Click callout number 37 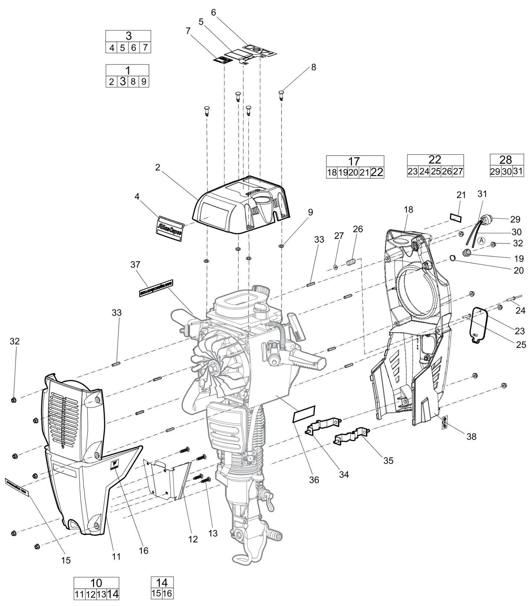pos(136,264)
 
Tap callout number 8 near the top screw pos(313,67)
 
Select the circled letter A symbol pos(482,241)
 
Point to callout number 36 pos(314,479)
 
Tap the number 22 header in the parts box pos(435,160)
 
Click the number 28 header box pos(506,159)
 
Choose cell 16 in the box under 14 pos(167,593)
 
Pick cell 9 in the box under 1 pos(144,81)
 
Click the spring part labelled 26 pos(351,263)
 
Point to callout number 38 pos(472,436)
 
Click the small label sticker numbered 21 pos(456,218)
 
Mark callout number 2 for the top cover pos(157,167)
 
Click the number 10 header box pos(96,582)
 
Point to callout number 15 pos(66,560)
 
